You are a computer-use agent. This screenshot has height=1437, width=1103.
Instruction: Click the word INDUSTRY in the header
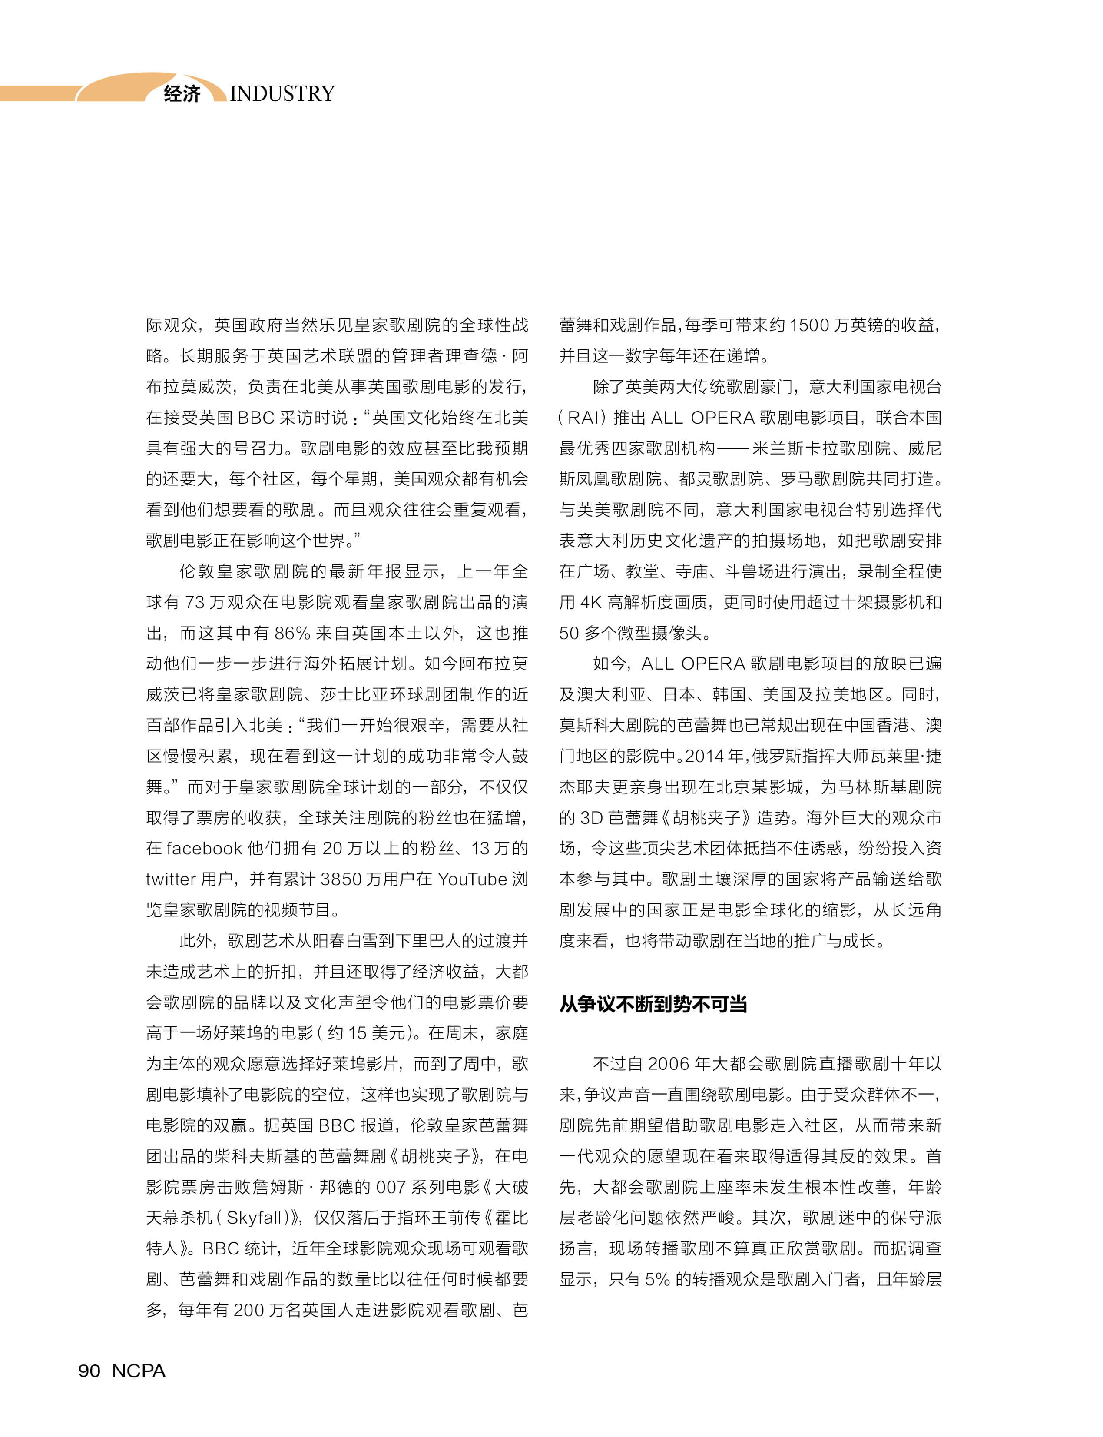pyautogui.click(x=282, y=94)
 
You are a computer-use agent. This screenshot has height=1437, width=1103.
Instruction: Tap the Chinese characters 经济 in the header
pyautogui.click(x=182, y=94)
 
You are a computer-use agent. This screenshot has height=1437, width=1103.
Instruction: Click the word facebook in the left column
pyautogui.click(x=204, y=849)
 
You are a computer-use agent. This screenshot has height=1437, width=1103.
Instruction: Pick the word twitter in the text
pyautogui.click(x=171, y=879)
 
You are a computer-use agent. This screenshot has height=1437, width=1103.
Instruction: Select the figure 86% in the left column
pyautogui.click(x=292, y=633)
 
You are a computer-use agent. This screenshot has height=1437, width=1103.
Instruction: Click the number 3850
pyautogui.click(x=342, y=879)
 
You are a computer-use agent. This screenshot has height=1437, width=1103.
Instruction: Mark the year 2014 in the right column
pyautogui.click(x=704, y=756)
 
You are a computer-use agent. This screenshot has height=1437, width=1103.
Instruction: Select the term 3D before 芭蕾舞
pyautogui.click(x=591, y=818)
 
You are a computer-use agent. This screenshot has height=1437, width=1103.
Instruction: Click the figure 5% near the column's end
pyautogui.click(x=658, y=1279)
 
